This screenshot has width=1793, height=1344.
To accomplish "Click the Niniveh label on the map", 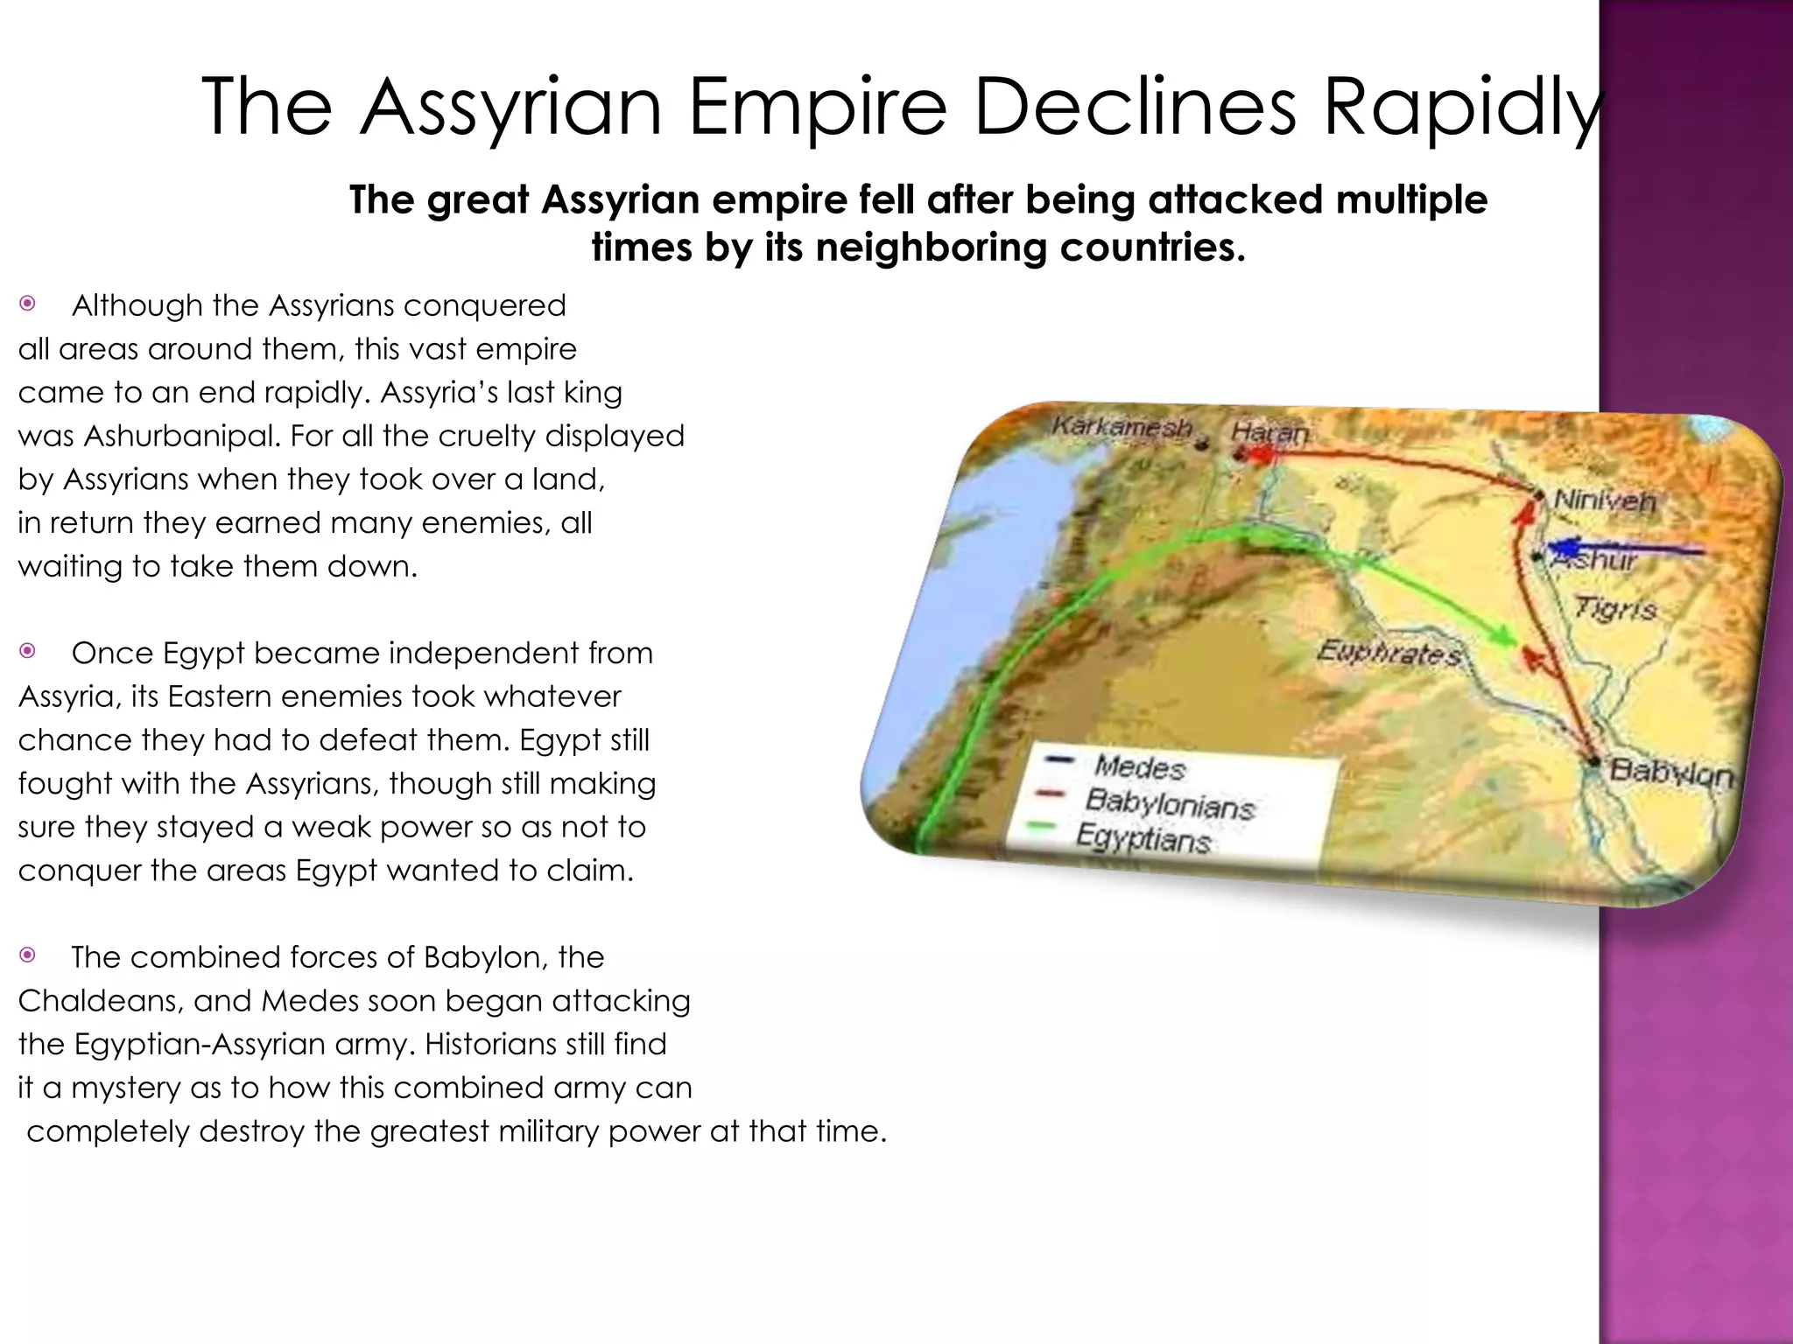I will [x=1605, y=501].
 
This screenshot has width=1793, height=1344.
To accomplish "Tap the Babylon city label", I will [x=1671, y=773].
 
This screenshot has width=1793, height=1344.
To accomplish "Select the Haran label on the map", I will [x=1269, y=431].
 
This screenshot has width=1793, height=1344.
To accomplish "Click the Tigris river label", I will [x=1615, y=607].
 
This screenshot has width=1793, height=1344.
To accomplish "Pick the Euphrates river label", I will [x=1389, y=653].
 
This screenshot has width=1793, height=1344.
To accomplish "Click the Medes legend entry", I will [x=1139, y=767].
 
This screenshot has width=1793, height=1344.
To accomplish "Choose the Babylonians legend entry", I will [x=1170, y=803].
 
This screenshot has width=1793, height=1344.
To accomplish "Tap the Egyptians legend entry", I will [x=1143, y=839].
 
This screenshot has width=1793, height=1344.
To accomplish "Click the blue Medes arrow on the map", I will [x=1628, y=549].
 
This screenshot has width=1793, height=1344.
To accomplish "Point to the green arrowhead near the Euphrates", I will [x=1504, y=636].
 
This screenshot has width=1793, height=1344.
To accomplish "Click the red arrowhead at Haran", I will [x=1259, y=454].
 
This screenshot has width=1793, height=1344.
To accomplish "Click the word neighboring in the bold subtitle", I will [x=932, y=248].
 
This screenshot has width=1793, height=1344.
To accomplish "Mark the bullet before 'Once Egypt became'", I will [x=28, y=651].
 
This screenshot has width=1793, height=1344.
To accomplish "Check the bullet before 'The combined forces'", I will [x=28, y=955].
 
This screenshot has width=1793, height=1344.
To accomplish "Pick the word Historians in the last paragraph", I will [x=501, y=1044].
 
